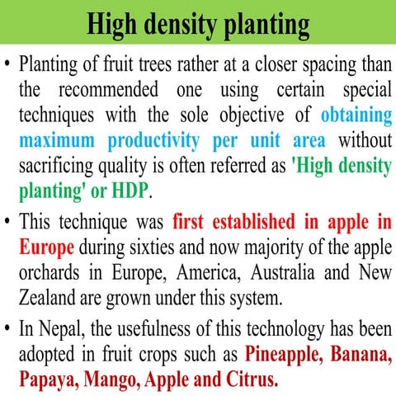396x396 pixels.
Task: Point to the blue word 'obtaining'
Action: click(356, 115)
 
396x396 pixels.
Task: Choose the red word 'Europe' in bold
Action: click(46, 247)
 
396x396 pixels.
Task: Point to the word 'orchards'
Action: click(51, 272)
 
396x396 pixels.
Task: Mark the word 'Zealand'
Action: click(47, 297)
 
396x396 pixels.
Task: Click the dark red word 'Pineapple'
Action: click(286, 356)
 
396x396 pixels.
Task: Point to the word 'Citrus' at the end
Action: click(251, 380)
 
